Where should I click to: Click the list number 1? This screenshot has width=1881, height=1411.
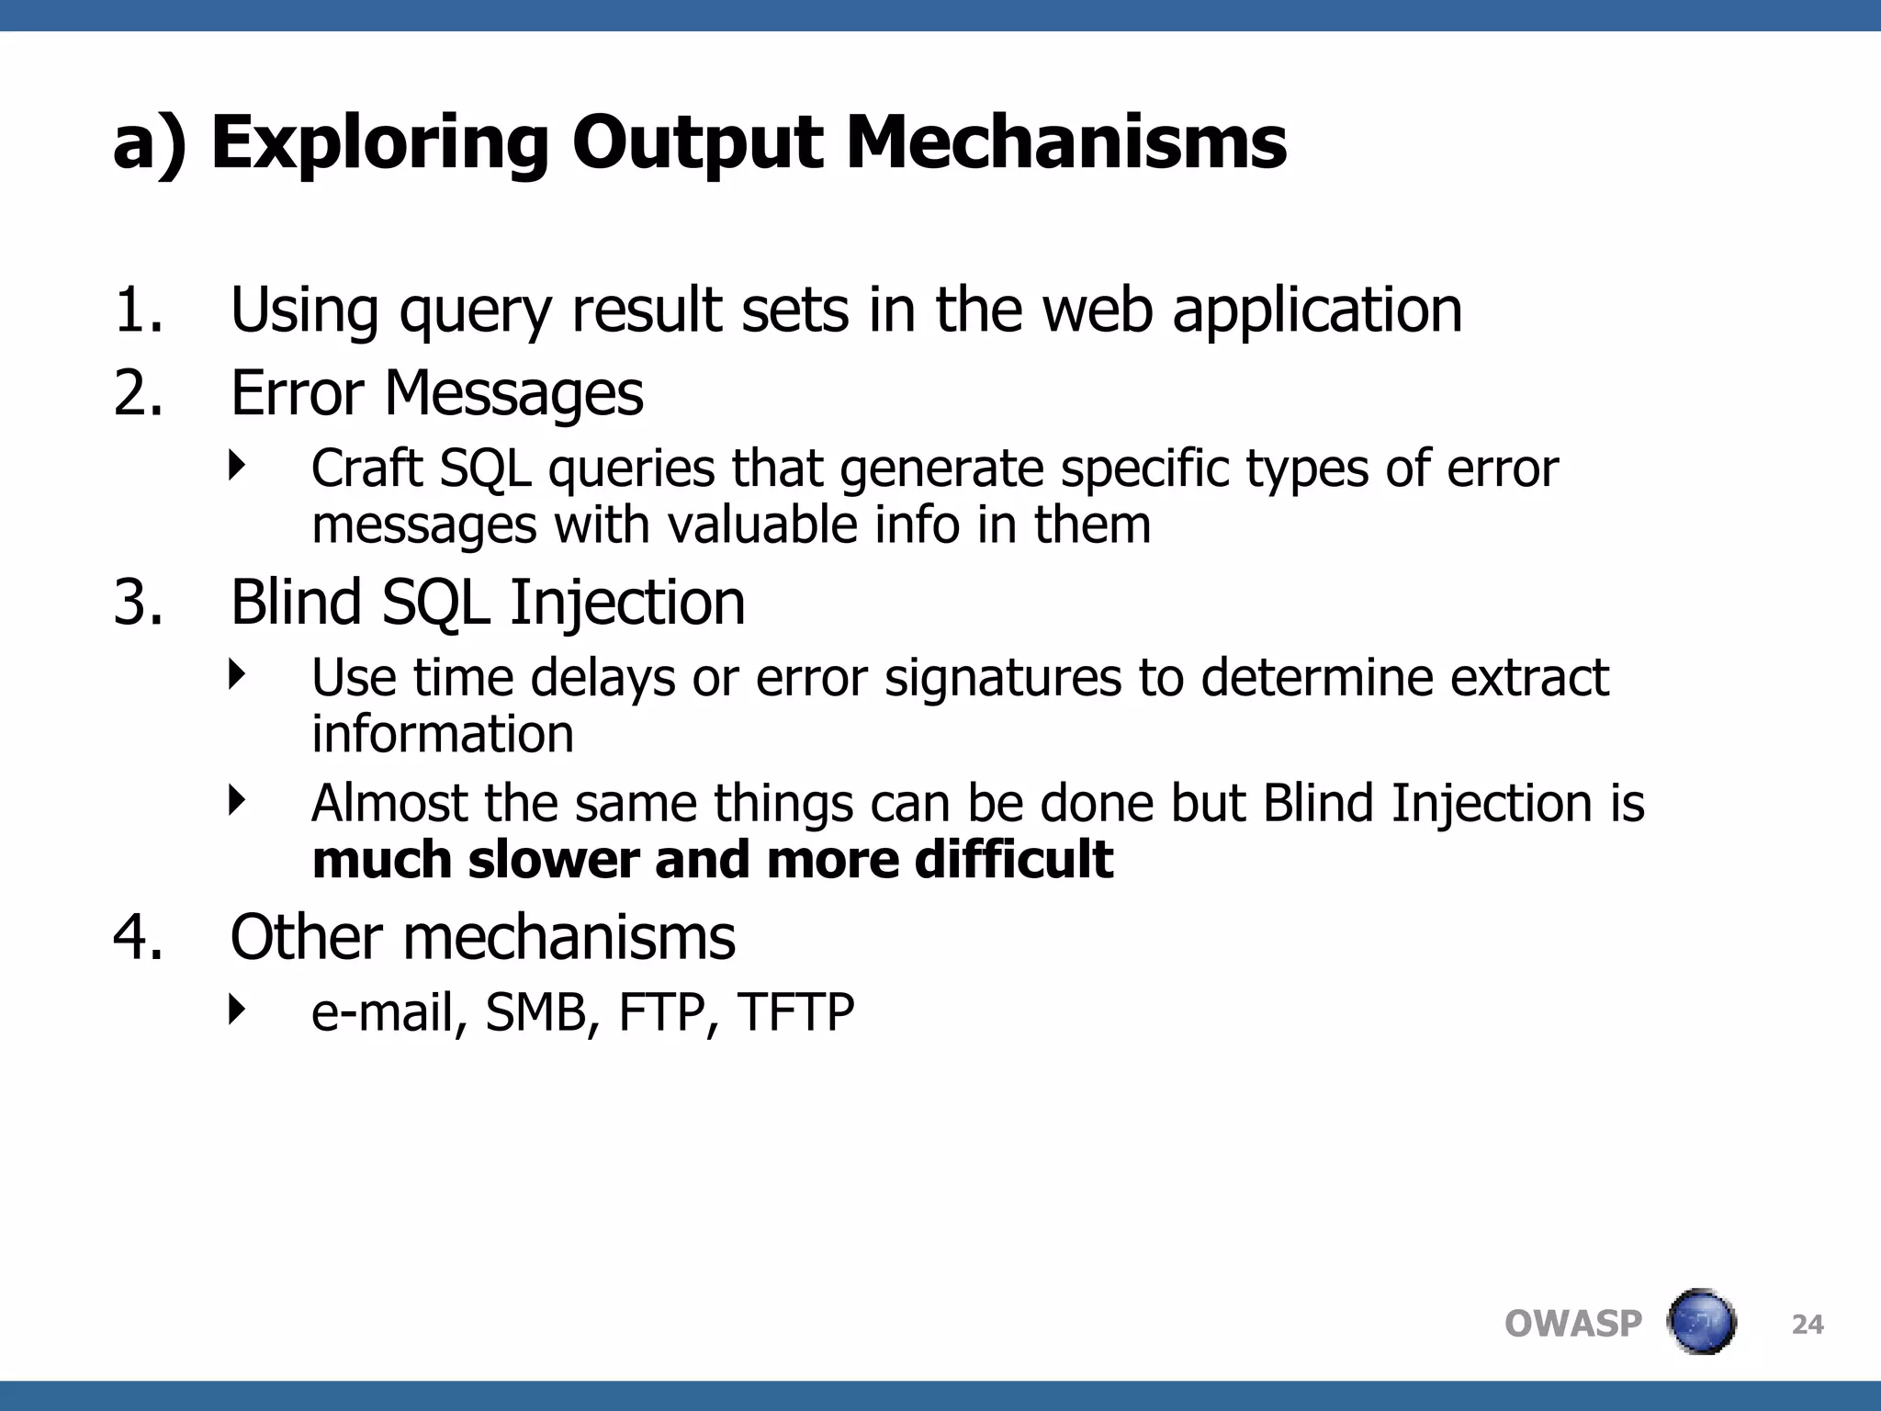137,310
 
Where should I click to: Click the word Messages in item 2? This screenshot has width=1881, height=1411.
513,393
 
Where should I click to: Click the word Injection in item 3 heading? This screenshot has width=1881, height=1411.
627,603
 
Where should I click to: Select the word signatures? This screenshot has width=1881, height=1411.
1003,678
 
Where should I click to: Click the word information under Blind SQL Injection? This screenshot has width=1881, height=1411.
443,734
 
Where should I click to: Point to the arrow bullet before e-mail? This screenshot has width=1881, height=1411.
238,1010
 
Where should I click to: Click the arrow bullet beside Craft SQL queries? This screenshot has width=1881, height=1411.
238,466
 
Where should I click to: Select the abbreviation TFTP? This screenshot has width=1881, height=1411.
795,1012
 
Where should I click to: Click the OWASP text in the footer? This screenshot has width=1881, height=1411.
1572,1324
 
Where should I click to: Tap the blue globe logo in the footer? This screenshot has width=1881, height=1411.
1702,1322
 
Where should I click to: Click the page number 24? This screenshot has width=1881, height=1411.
1808,1325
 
